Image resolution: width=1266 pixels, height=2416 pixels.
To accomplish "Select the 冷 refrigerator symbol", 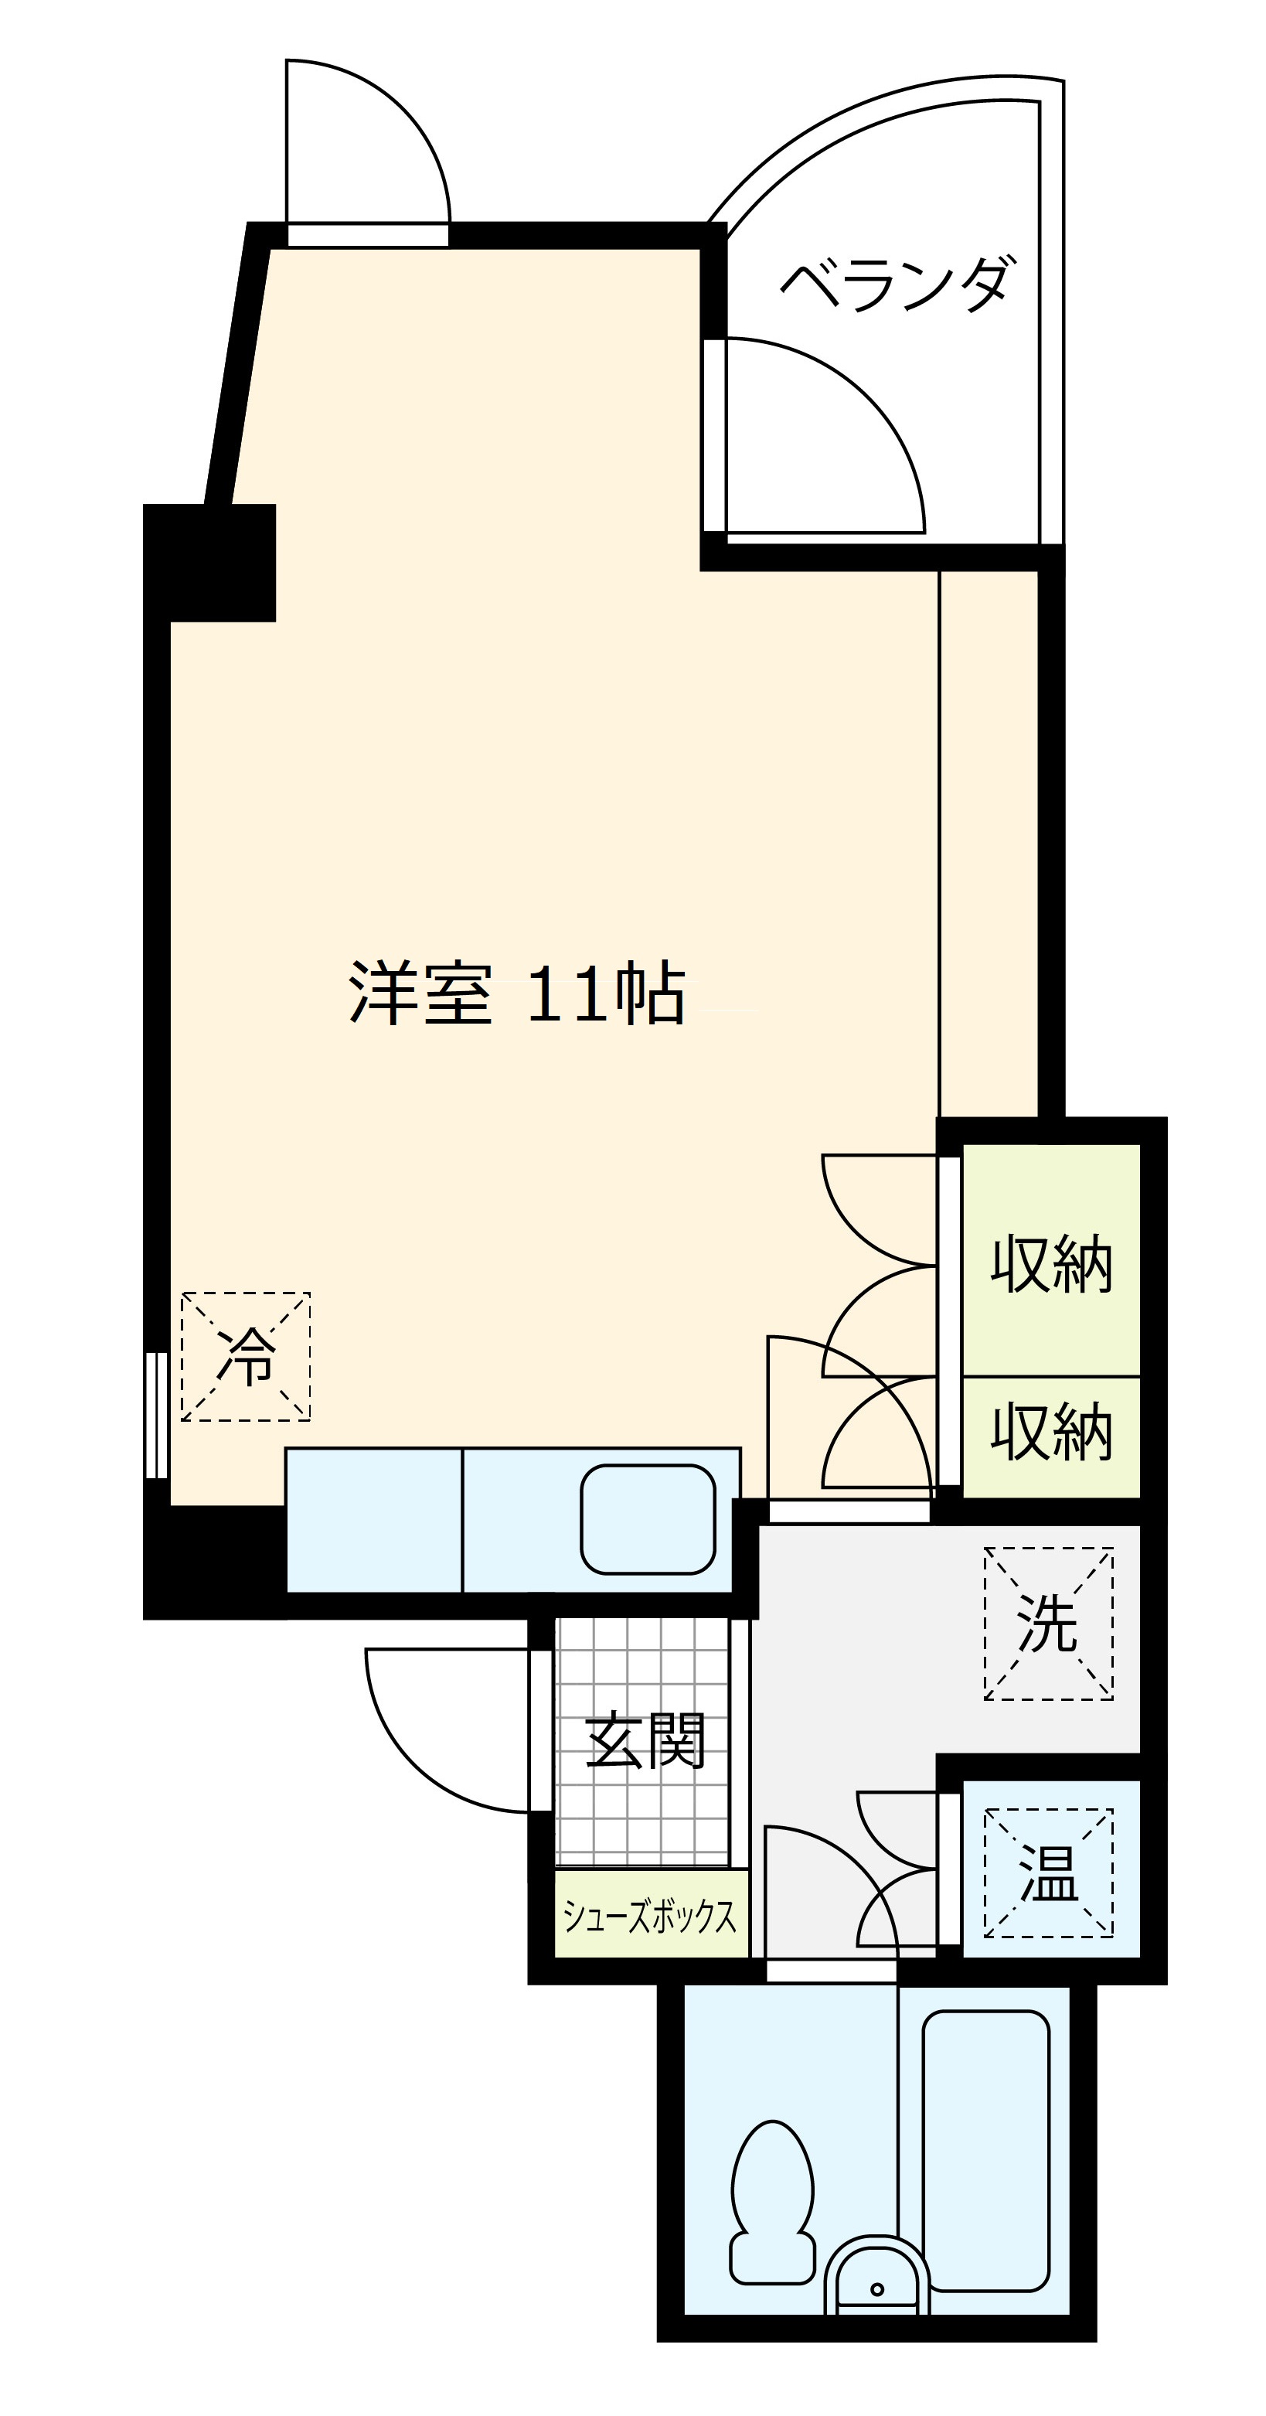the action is coord(246,1356).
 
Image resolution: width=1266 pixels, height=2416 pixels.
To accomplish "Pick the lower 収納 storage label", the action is coord(1051,1432).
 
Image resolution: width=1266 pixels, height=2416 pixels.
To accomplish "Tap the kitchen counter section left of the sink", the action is coord(374,1519).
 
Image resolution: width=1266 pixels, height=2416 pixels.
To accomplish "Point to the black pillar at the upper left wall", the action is coord(210,563).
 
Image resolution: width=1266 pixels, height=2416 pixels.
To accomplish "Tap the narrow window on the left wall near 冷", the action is coord(157,1416).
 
